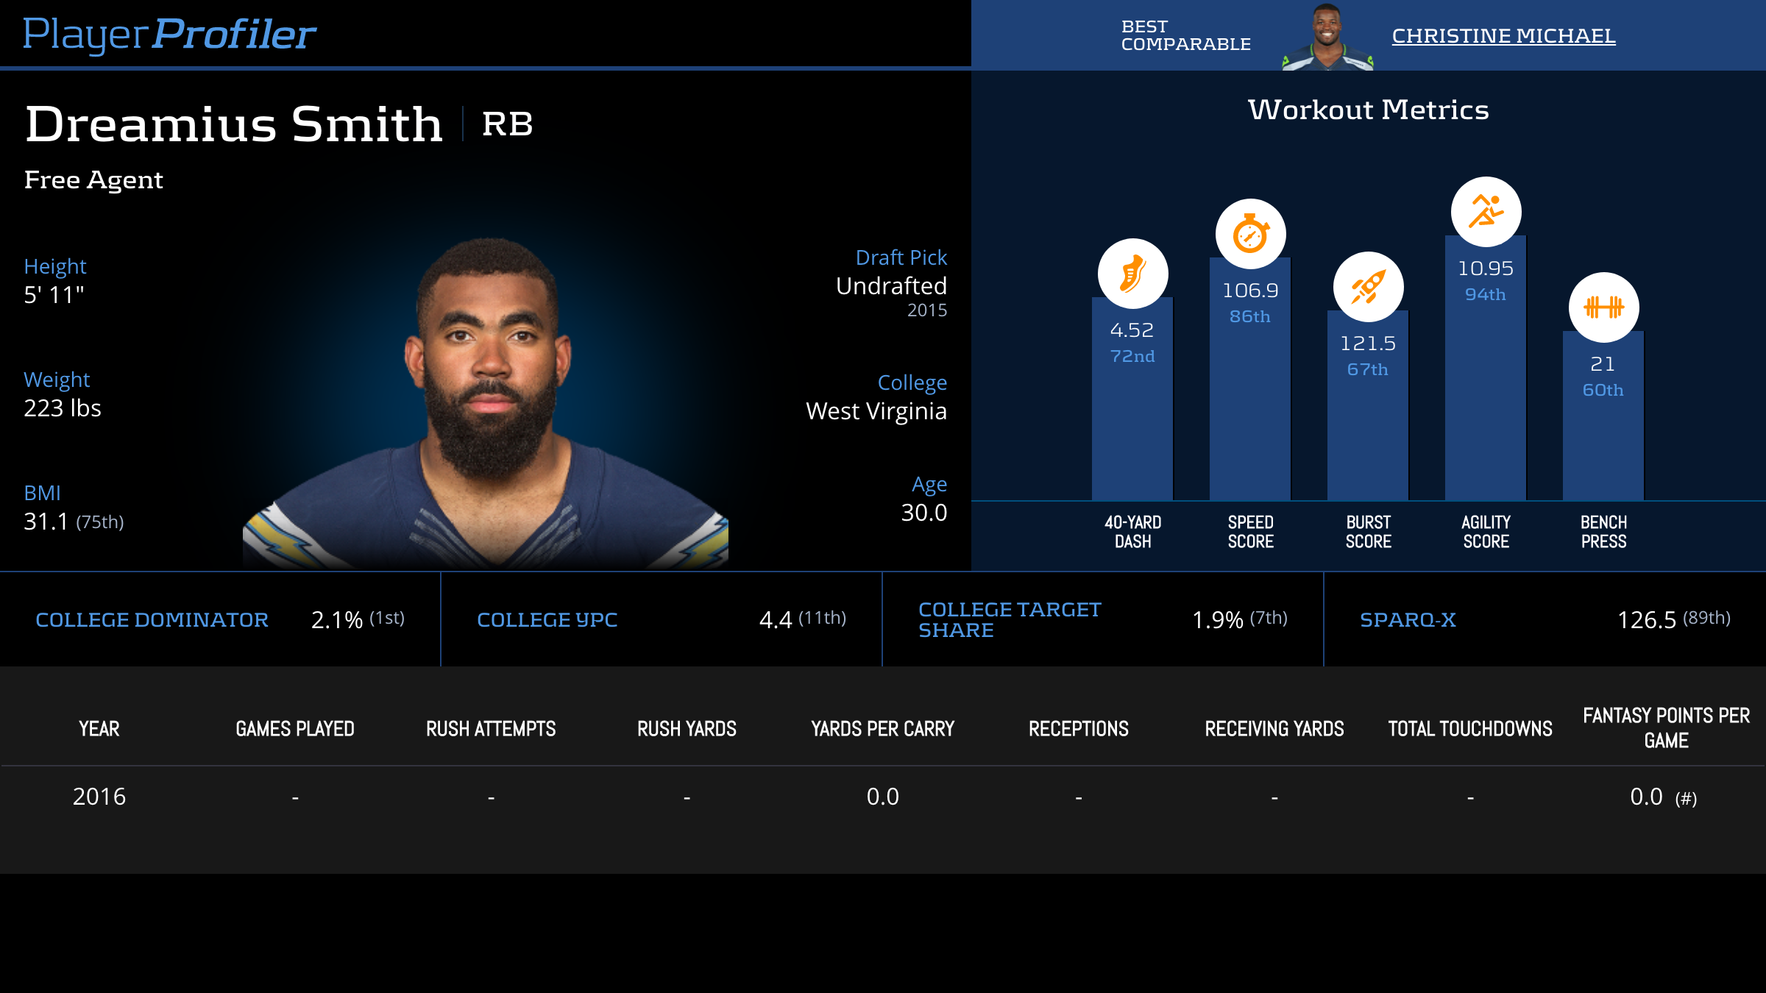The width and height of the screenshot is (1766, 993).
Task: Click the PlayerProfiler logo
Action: (x=169, y=34)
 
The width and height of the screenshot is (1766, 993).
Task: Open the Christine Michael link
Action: (x=1503, y=35)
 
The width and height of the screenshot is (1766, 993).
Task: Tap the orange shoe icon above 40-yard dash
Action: (x=1132, y=274)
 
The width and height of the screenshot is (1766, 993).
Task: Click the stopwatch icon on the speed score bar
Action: (x=1250, y=234)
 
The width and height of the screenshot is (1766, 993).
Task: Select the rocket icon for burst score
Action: (x=1368, y=287)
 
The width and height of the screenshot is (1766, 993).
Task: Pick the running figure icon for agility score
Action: (x=1486, y=212)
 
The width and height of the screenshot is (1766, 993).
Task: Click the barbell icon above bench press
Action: (x=1603, y=307)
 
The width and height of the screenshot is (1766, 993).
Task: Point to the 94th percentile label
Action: (x=1485, y=294)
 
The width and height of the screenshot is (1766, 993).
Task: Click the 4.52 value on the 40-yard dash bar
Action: (x=1132, y=330)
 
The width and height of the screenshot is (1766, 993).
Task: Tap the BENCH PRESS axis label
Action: (x=1603, y=532)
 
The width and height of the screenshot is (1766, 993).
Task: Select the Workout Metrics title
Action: (x=1368, y=110)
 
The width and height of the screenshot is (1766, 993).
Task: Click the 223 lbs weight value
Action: (x=63, y=408)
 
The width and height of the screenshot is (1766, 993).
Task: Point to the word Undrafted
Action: (x=891, y=286)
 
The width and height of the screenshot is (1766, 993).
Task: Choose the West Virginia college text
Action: (x=876, y=411)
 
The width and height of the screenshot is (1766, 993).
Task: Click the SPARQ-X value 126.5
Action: (x=1646, y=620)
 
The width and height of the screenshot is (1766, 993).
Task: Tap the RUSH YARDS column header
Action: (x=687, y=729)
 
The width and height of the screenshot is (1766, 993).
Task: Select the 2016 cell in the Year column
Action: (x=99, y=797)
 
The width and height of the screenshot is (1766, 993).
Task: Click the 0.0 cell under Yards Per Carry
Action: (x=882, y=797)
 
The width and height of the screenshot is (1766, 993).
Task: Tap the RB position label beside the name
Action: (x=507, y=124)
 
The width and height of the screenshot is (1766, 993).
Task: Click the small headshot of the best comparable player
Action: (x=1327, y=37)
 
